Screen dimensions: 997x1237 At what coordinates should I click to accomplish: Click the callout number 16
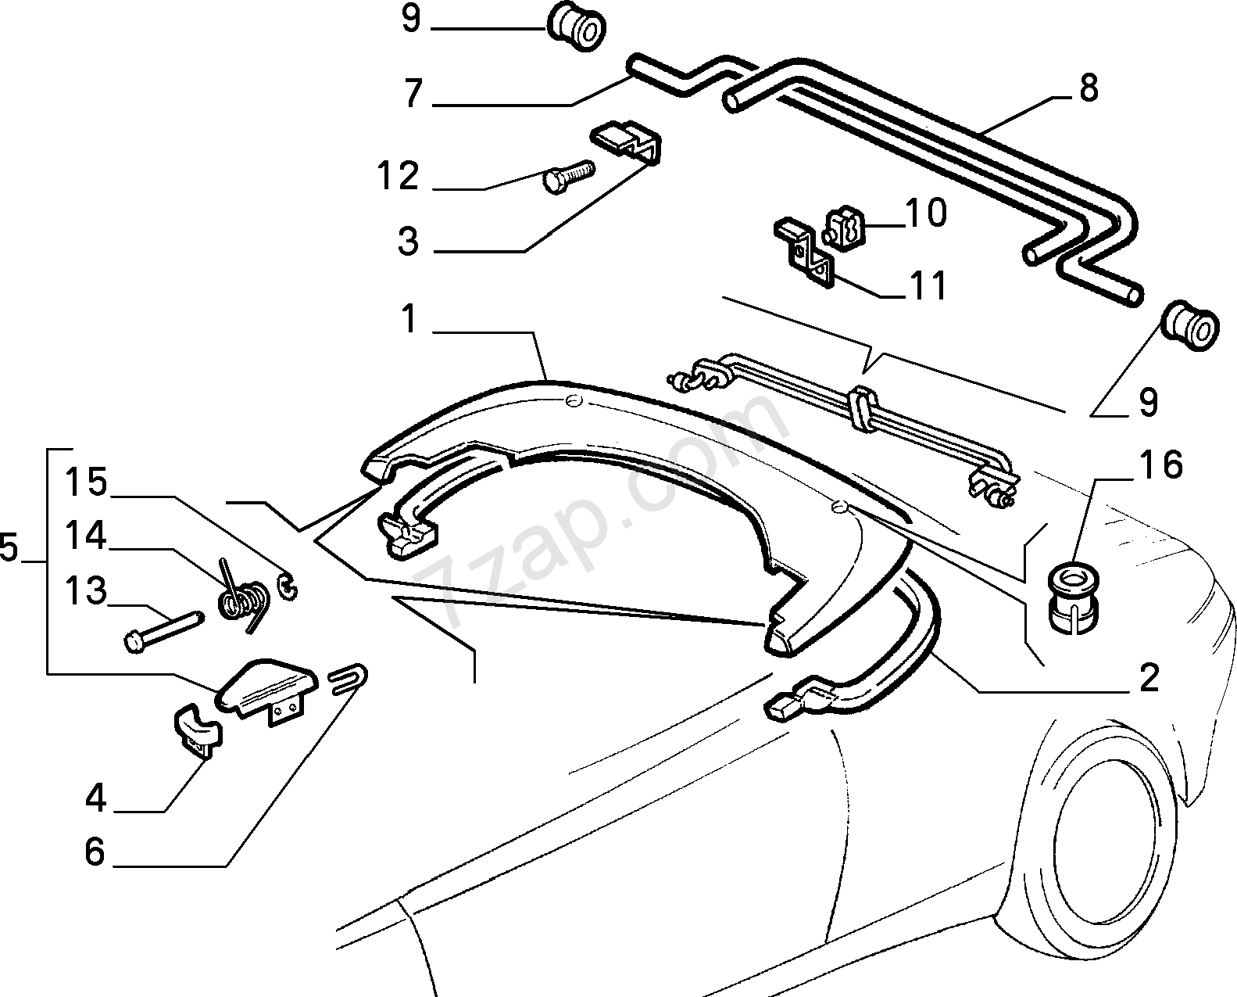[x=1161, y=465]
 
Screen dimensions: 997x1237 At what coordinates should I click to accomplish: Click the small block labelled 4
[x=195, y=729]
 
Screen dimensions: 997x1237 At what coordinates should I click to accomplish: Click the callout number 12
[x=399, y=176]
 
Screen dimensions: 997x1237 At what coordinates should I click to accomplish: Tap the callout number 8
[x=1089, y=88]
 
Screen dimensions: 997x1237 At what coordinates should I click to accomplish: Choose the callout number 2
[x=1149, y=678]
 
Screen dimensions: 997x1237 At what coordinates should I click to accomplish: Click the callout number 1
[x=409, y=319]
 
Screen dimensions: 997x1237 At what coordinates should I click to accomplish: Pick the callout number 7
[x=413, y=94]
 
